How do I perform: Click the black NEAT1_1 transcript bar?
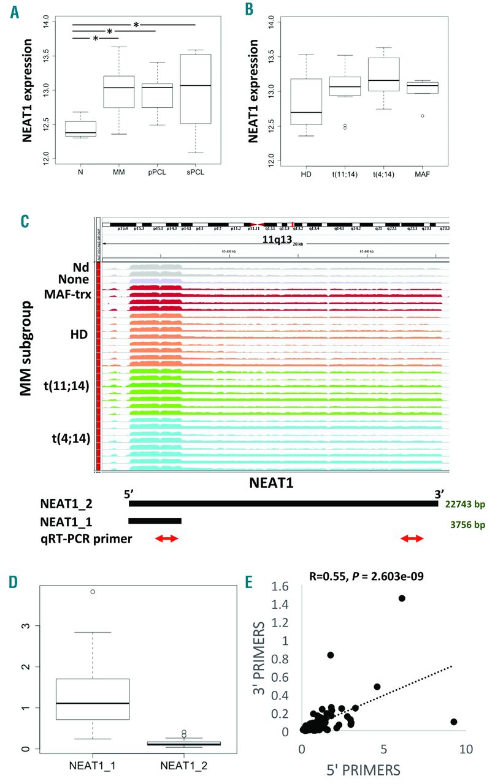[x=155, y=521]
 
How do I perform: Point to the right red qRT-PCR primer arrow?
[x=412, y=538]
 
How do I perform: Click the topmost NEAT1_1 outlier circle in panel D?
[x=93, y=592]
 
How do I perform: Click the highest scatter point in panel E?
[x=402, y=598]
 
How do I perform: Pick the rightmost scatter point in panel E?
[x=454, y=722]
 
